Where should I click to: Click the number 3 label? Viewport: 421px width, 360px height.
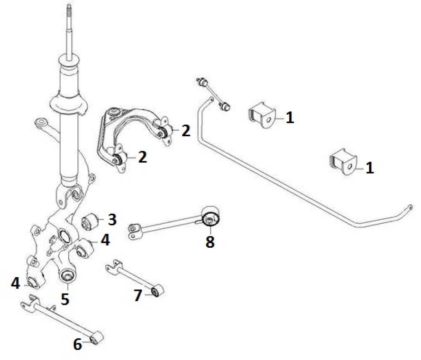click(112, 219)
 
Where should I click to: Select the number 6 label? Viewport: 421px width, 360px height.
click(77, 344)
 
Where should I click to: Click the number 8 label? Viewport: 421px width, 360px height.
click(210, 242)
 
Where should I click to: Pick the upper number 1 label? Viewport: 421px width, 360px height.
click(289, 118)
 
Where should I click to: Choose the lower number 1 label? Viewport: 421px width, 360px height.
click(369, 168)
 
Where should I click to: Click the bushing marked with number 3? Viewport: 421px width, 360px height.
click(90, 221)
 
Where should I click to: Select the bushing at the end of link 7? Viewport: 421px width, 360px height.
click(158, 291)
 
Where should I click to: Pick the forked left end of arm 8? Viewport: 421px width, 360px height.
click(134, 231)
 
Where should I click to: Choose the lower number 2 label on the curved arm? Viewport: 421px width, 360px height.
click(142, 158)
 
